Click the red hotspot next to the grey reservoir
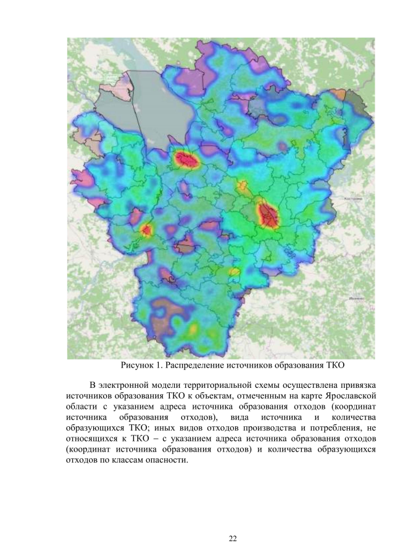tap(187, 160)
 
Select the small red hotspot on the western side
tap(146, 230)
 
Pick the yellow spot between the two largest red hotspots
tap(242, 185)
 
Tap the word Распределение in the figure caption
tap(201, 365)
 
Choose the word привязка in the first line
tap(355, 384)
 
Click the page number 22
tap(233, 539)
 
